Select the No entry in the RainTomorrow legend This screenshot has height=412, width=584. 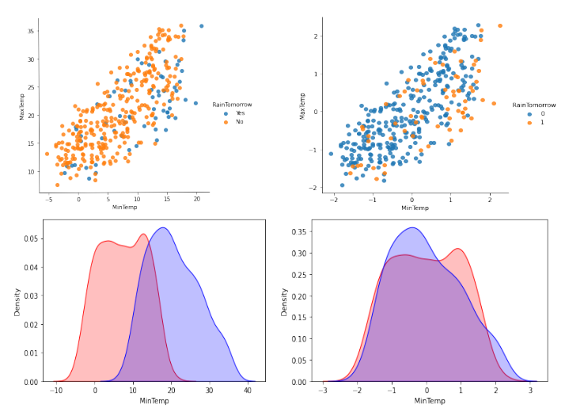231,122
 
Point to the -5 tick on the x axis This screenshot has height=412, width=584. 49,199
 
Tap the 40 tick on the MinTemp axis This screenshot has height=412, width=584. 248,391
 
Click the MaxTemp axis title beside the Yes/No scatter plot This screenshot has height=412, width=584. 22,108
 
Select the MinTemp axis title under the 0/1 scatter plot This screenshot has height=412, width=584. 415,208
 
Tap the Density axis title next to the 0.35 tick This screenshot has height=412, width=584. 283,302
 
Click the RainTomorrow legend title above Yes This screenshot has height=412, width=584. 231,105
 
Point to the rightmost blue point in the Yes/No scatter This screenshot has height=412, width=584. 201,26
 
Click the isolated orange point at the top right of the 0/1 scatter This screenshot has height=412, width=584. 500,25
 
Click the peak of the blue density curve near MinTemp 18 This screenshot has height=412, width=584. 163,228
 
